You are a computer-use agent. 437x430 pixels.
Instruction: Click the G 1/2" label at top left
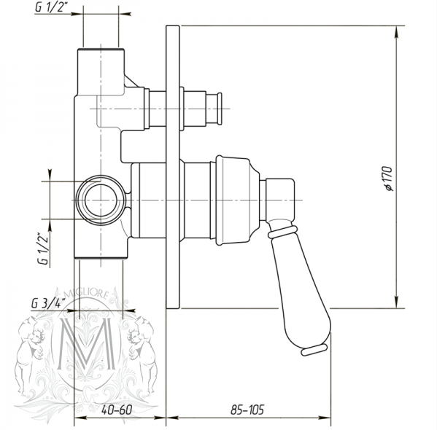(52, 7)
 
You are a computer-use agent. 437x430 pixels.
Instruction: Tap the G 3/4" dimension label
(48, 303)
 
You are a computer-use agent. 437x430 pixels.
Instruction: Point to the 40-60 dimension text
(117, 410)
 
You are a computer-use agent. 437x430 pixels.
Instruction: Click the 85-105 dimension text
(247, 410)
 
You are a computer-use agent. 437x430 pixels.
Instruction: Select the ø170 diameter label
(389, 179)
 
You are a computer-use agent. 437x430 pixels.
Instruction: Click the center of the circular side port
(101, 200)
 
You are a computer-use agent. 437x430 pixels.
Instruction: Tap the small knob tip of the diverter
(220, 109)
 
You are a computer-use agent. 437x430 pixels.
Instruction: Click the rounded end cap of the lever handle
(314, 350)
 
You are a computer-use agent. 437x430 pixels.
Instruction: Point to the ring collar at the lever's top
(282, 232)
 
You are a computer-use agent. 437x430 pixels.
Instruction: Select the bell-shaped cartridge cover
(238, 200)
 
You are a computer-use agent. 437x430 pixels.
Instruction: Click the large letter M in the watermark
(86, 342)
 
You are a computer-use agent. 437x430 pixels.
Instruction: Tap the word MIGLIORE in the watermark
(87, 294)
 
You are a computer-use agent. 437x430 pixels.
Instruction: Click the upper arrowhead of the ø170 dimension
(397, 32)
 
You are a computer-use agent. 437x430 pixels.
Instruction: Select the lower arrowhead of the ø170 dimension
(397, 302)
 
